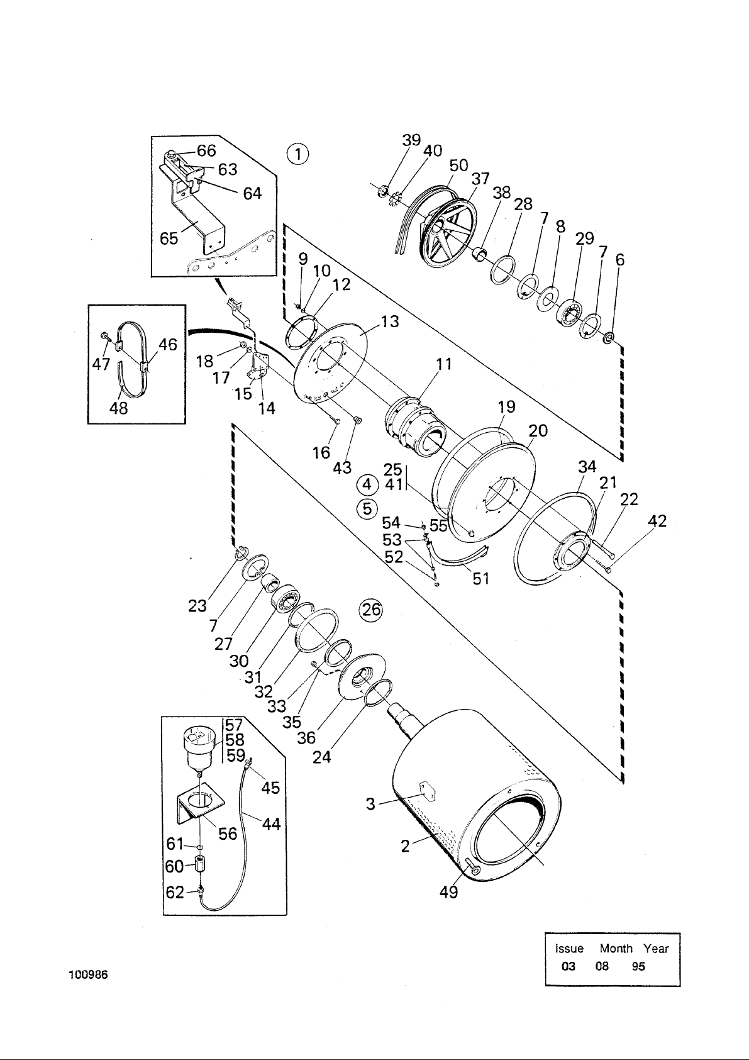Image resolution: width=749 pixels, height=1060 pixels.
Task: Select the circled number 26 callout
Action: click(371, 610)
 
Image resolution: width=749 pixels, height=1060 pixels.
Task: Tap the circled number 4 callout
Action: click(367, 485)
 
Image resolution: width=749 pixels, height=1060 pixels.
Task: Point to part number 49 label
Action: click(448, 892)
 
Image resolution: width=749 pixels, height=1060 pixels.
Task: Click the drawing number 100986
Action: click(89, 985)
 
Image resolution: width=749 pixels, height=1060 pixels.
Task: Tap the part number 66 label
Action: click(206, 150)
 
